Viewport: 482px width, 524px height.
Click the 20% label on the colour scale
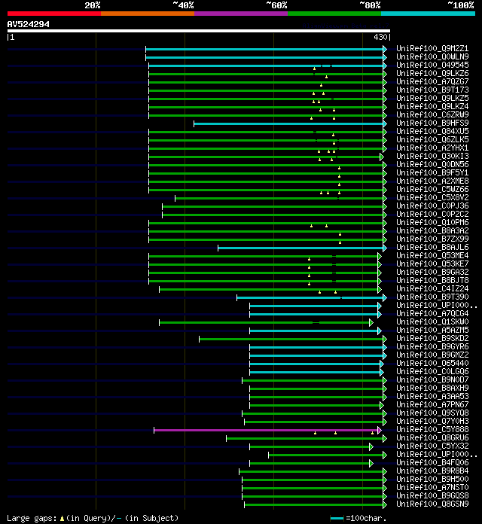coord(93,5)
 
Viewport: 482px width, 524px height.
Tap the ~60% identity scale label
coord(276,5)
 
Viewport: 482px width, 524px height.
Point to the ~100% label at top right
coord(459,5)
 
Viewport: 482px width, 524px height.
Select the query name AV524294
coord(29,24)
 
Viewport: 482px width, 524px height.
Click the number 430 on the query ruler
coord(380,36)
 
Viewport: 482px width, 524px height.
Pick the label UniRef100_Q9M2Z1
coord(432,48)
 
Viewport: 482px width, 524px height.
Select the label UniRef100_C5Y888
coord(432,430)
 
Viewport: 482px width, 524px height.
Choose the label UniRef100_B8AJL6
coord(432,247)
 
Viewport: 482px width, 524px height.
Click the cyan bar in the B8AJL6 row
coord(301,247)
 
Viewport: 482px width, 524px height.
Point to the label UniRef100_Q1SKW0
coord(432,322)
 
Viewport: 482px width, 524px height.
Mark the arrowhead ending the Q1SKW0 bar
coord(371,322)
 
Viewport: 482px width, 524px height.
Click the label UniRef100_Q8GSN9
coord(432,504)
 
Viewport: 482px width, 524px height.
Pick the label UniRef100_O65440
coord(432,364)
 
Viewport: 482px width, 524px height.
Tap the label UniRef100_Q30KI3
coord(432,156)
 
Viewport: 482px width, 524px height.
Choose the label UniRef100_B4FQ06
coord(432,463)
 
